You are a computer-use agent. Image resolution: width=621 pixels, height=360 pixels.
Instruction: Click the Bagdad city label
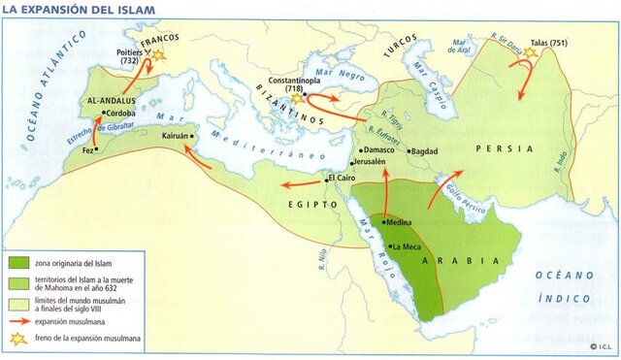(426, 151)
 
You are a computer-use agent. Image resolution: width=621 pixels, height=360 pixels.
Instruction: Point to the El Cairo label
(342, 178)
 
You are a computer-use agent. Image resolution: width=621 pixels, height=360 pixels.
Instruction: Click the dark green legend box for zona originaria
(19, 262)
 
